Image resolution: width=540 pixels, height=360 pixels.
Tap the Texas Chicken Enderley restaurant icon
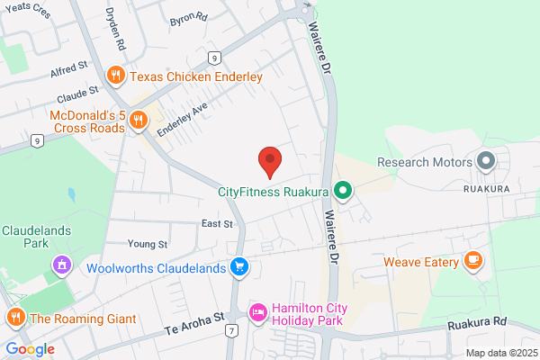coord(114,76)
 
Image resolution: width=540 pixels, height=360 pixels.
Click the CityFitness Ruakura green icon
coord(342,190)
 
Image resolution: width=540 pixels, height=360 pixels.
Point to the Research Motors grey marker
coord(486,162)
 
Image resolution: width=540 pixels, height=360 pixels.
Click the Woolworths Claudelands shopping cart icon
coord(239,267)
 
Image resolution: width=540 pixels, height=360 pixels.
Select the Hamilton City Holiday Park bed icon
coord(257,311)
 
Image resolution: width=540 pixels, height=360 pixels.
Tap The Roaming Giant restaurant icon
coord(15,318)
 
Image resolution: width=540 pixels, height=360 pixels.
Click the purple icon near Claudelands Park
coord(62,265)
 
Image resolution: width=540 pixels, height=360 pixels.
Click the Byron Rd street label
coord(188,18)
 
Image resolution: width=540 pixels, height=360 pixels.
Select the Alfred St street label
coord(68,66)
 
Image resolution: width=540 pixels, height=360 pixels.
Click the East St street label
coord(217,223)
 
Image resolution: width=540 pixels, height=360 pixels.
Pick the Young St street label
coord(148,243)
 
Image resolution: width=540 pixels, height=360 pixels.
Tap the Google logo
coord(31,349)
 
